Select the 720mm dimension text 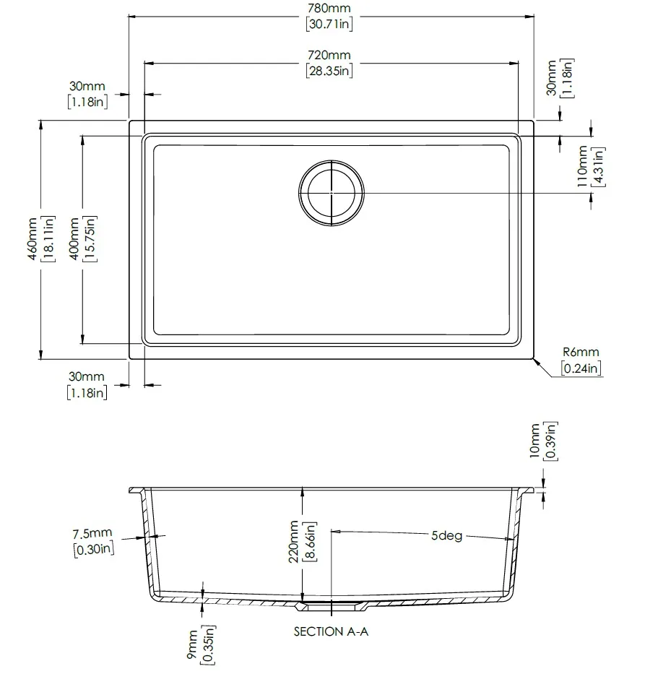[x=329, y=56]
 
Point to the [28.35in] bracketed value [x=329, y=71]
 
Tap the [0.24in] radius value [x=581, y=368]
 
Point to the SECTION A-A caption [x=331, y=631]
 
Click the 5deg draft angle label [x=446, y=537]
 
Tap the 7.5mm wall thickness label [x=92, y=534]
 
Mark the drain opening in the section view [x=331, y=600]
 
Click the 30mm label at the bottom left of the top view [x=87, y=377]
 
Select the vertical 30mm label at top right [x=552, y=77]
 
